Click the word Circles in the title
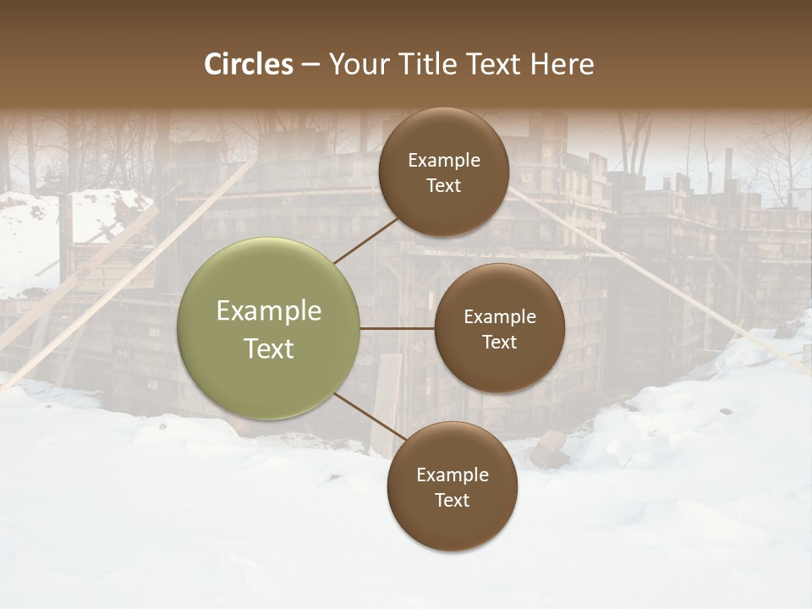point(248,64)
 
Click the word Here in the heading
point(562,64)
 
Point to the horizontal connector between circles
point(398,328)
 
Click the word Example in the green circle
point(269,311)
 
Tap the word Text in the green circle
point(269,348)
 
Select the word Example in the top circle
point(444,161)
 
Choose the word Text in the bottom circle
point(452,501)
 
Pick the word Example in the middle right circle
point(500,317)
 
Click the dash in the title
point(310,64)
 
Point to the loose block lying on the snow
point(550,448)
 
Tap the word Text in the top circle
point(443,186)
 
